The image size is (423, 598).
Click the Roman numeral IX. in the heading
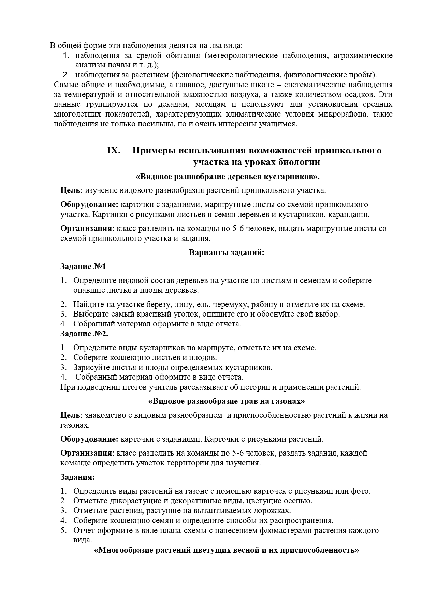click(x=113, y=151)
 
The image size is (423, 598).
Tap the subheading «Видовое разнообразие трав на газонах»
click(x=227, y=401)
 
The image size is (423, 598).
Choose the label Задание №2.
click(x=84, y=334)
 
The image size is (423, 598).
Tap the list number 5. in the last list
click(x=63, y=530)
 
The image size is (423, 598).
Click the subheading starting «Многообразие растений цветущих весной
click(x=227, y=550)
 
